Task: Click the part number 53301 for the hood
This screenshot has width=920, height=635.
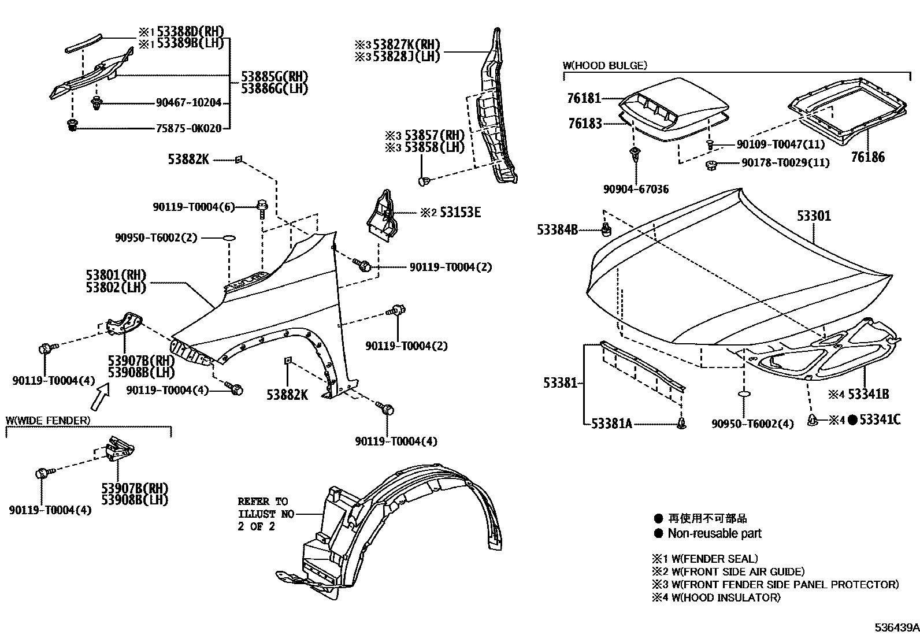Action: pos(814,216)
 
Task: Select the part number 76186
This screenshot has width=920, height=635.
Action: pos(867,157)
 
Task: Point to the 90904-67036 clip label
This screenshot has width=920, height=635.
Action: pos(636,190)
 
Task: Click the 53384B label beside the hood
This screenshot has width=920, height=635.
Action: pos(557,230)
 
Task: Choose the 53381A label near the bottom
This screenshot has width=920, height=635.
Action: pos(611,424)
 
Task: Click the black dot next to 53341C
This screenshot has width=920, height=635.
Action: pos(852,420)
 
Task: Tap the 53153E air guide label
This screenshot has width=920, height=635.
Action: pos(460,213)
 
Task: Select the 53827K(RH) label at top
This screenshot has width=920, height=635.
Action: pos(406,44)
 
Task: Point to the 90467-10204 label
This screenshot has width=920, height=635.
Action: pos(188,103)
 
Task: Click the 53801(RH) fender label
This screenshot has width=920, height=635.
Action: pos(116,275)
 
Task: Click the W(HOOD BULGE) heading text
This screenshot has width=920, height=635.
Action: pos(604,65)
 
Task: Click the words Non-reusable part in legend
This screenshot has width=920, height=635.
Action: pos(714,533)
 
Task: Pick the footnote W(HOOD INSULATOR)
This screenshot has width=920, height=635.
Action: pos(726,597)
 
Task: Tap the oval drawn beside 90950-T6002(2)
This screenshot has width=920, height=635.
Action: pos(229,237)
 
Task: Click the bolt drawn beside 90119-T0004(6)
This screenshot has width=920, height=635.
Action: pos(262,207)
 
